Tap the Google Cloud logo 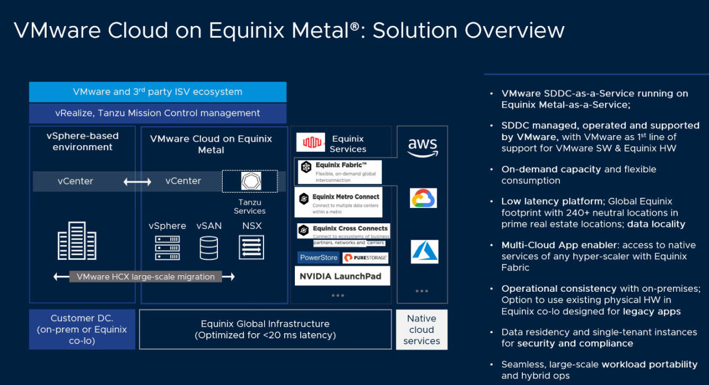(423, 198)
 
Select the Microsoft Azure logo (424, 252)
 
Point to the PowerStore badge (318, 257)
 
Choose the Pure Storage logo (365, 257)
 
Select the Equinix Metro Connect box (338, 202)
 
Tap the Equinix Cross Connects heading (350, 229)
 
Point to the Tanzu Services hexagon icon (251, 181)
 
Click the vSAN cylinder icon (209, 248)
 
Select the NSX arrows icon (251, 247)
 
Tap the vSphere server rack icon (167, 248)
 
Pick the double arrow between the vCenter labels (137, 182)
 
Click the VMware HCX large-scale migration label (145, 276)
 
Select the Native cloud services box (422, 329)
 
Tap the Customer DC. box (82, 329)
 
